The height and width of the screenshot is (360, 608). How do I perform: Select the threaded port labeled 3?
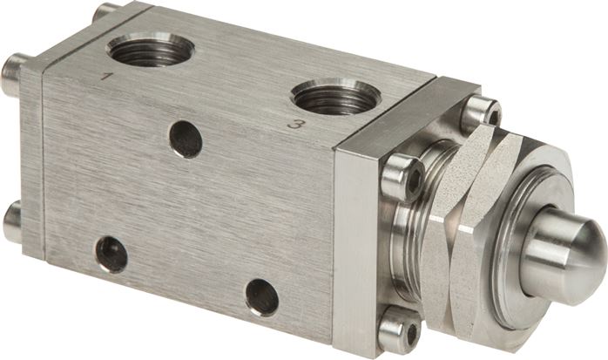pos(335,95)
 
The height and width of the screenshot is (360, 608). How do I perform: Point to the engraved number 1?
pos(107,78)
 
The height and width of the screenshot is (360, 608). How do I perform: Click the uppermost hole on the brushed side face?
pos(186,139)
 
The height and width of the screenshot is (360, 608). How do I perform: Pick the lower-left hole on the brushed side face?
pos(111,253)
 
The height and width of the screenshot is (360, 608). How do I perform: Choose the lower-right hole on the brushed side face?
pos(261,297)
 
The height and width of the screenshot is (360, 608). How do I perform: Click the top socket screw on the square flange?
pos(480,111)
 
